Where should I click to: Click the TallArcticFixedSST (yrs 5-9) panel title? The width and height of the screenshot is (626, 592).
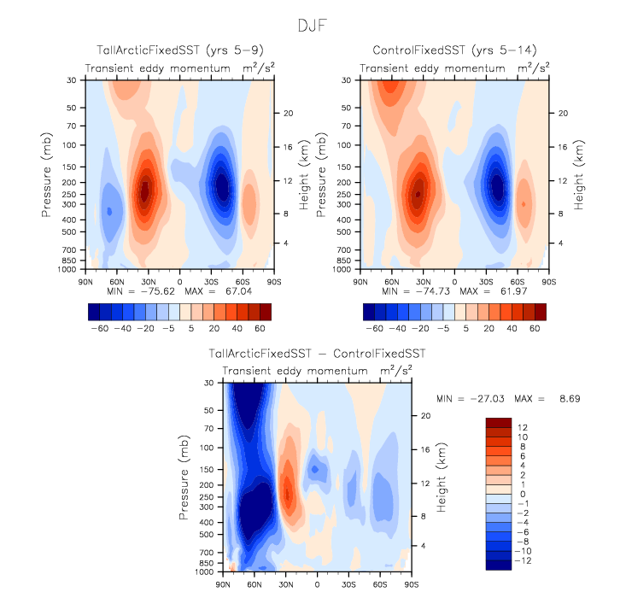point(179,51)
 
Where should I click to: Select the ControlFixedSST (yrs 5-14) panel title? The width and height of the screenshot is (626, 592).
point(454,51)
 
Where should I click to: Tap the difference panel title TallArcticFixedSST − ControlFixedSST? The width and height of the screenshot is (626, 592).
point(316,354)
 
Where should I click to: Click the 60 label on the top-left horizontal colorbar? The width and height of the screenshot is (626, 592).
point(259,327)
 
